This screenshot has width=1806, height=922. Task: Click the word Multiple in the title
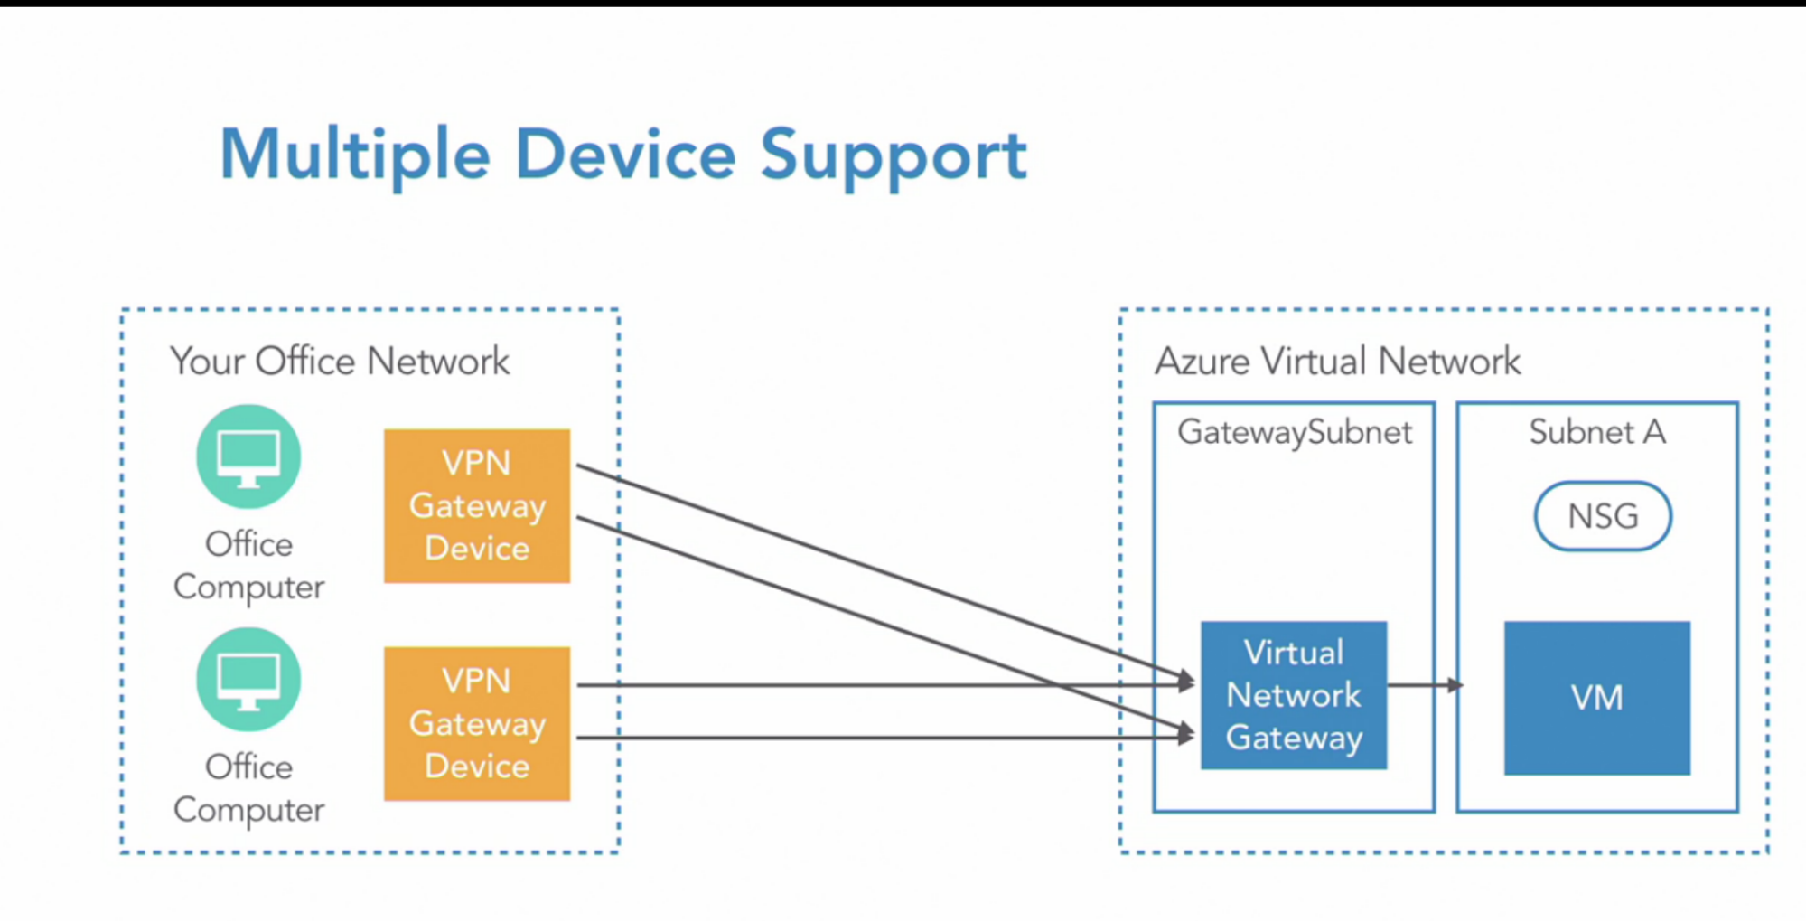click(355, 155)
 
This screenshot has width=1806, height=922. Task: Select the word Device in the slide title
click(625, 155)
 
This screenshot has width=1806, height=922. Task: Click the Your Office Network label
click(340, 362)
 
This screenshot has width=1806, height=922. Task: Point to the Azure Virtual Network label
click(1337, 362)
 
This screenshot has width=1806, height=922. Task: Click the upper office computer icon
click(248, 456)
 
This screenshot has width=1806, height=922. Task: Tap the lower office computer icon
click(248, 680)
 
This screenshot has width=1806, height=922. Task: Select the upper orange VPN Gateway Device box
click(477, 506)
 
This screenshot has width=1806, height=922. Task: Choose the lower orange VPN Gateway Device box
click(477, 724)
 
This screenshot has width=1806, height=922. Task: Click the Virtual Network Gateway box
click(1294, 695)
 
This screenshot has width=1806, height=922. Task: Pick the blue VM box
click(1597, 698)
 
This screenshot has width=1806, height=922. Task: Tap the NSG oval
click(1603, 516)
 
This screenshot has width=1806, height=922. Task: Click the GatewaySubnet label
click(1294, 433)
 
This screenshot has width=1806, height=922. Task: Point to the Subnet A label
click(1597, 432)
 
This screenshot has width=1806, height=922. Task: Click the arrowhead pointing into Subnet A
click(1455, 685)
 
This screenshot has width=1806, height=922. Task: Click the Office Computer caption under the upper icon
click(248, 566)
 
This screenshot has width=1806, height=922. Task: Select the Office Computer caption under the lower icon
click(248, 788)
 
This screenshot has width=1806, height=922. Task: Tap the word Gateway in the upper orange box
click(477, 507)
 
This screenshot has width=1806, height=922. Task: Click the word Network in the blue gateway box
click(1294, 695)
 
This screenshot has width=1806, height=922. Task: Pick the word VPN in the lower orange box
click(476, 681)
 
